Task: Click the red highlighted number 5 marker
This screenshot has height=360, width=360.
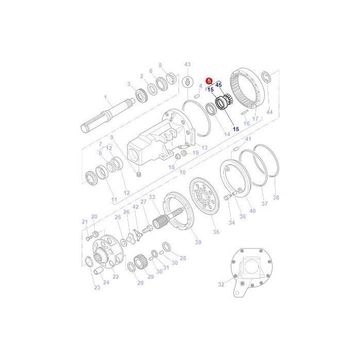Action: coord(208,81)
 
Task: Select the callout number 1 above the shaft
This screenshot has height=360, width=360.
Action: coord(105,97)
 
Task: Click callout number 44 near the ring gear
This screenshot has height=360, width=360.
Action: coord(269,112)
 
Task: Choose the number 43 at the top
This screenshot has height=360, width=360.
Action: coord(187,64)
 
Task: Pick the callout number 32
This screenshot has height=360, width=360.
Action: coord(221,284)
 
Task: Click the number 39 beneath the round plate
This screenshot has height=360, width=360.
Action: coord(198,242)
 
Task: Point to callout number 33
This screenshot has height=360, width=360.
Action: coord(152,197)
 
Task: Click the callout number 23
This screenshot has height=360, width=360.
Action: coord(97,287)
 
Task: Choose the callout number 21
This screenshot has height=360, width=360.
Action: coord(84,222)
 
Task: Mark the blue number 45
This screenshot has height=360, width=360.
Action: coord(219,85)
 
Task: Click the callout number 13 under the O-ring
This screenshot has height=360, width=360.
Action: coord(204,148)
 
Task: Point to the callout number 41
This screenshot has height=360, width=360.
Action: coord(248,139)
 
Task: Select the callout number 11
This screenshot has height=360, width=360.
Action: coord(114,199)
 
